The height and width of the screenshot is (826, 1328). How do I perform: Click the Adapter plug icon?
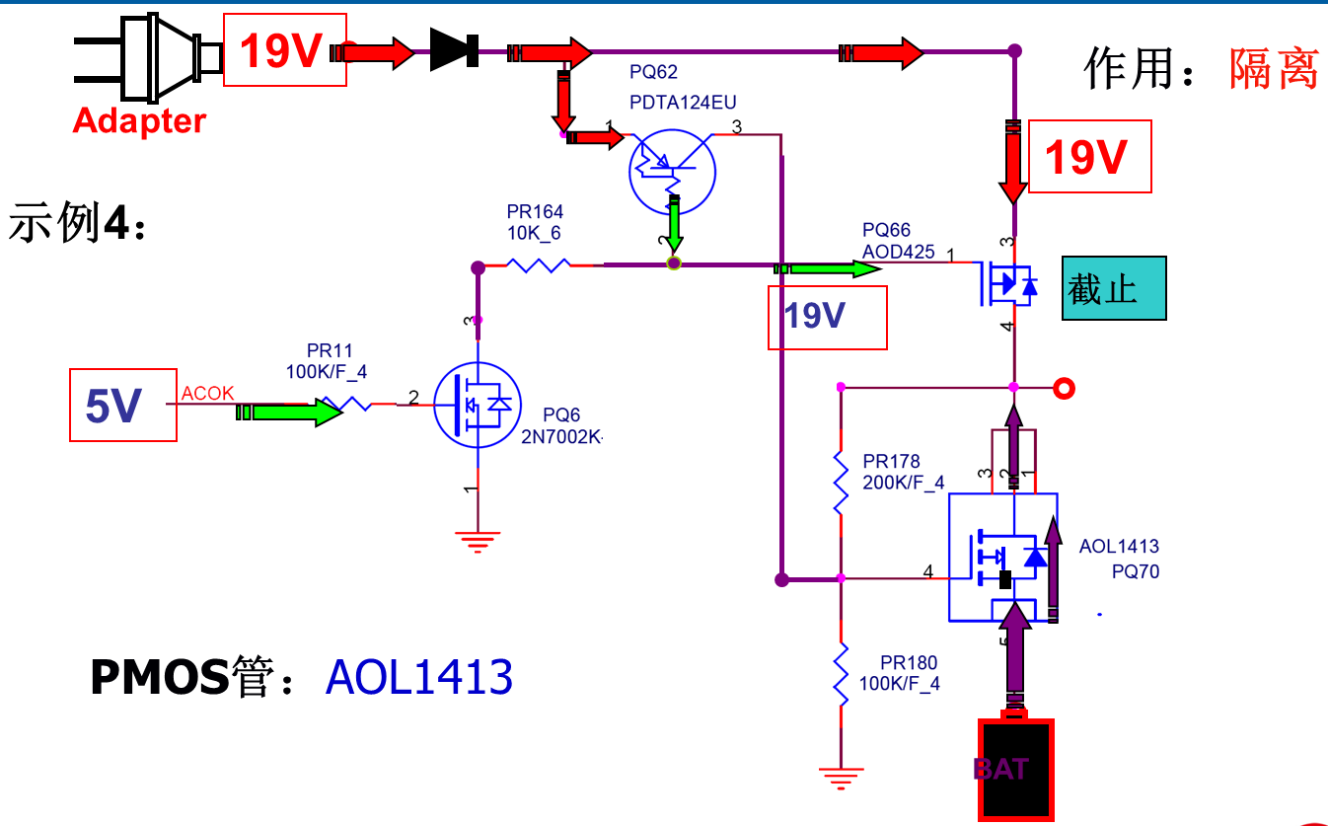coord(148,58)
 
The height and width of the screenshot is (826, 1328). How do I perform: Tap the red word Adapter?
coord(139,121)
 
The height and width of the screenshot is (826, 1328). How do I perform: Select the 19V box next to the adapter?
coord(284,49)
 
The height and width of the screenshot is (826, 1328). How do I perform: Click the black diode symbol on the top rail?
coord(454,49)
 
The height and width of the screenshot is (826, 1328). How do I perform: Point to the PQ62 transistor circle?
coord(672,172)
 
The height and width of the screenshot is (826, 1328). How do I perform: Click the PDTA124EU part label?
coord(683,103)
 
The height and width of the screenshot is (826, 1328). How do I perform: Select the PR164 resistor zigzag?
coord(539,265)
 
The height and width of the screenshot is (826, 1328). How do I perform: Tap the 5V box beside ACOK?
coord(123,405)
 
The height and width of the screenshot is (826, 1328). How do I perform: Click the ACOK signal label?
coord(207,393)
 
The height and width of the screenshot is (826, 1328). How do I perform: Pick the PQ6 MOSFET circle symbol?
coord(478,405)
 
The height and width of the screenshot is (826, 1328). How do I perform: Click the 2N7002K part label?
coord(561,437)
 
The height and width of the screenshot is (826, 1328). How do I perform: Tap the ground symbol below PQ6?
coord(478,542)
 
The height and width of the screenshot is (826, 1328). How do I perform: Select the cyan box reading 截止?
coord(1114,288)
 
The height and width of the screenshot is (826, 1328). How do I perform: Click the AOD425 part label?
coord(898,252)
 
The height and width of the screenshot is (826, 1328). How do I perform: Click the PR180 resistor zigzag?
coord(841,675)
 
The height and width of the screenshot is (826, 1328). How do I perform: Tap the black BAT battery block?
coord(1015,769)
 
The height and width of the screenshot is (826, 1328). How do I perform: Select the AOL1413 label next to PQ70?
coord(1119,546)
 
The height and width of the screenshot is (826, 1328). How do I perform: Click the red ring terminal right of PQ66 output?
coord(1065,389)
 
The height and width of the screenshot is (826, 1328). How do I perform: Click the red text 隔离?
coord(1274,69)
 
